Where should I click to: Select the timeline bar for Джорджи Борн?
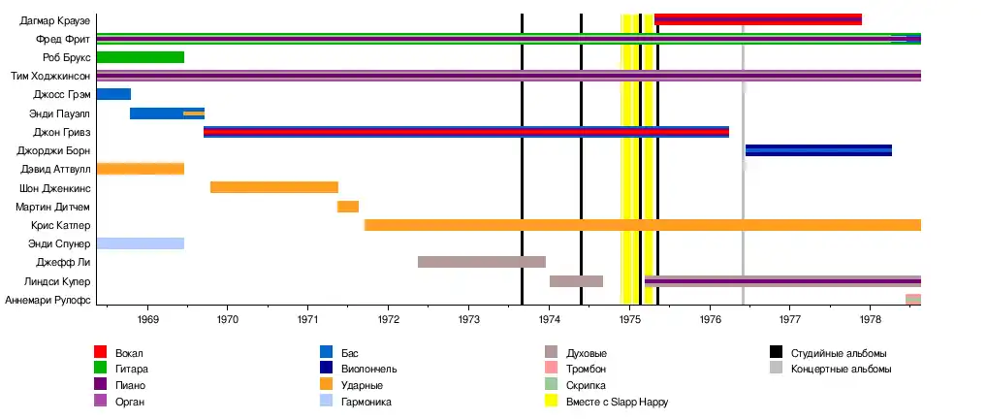(818, 150)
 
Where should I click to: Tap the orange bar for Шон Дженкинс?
(274, 187)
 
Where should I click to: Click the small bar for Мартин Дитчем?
(348, 207)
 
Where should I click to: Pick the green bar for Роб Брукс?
(141, 57)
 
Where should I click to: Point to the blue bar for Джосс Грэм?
(113, 94)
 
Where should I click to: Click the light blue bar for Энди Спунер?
(141, 243)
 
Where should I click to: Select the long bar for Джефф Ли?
(482, 262)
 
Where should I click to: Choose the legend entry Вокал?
(129, 353)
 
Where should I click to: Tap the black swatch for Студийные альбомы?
(777, 353)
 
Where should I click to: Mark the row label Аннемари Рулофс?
(48, 301)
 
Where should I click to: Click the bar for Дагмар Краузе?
(758, 19)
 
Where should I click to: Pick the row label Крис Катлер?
(61, 225)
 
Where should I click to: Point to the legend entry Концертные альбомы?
(840, 370)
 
